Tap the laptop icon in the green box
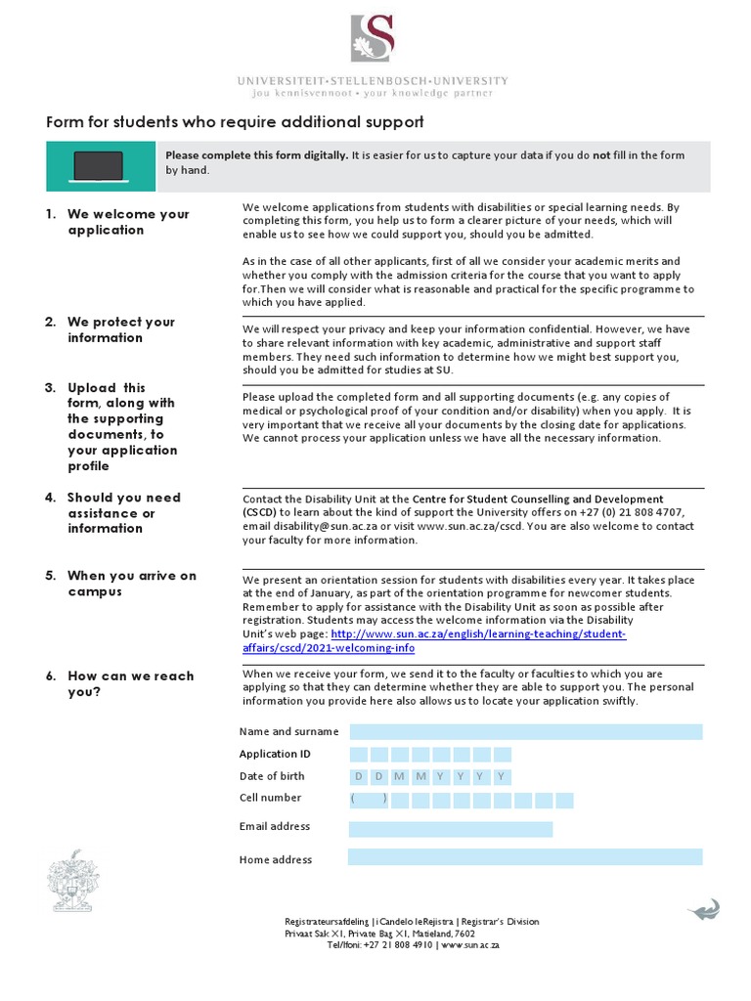(99, 165)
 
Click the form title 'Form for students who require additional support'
(236, 122)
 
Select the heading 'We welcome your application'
(127, 222)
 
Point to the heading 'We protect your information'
(120, 329)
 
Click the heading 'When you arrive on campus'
(131, 584)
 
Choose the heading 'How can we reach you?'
(130, 683)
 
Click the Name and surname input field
(525, 731)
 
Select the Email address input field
(450, 829)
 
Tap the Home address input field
(525, 857)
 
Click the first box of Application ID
(359, 754)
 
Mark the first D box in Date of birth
(359, 776)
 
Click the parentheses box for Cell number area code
(369, 799)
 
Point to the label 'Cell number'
(271, 798)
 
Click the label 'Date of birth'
(272, 776)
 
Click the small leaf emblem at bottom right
(703, 910)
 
